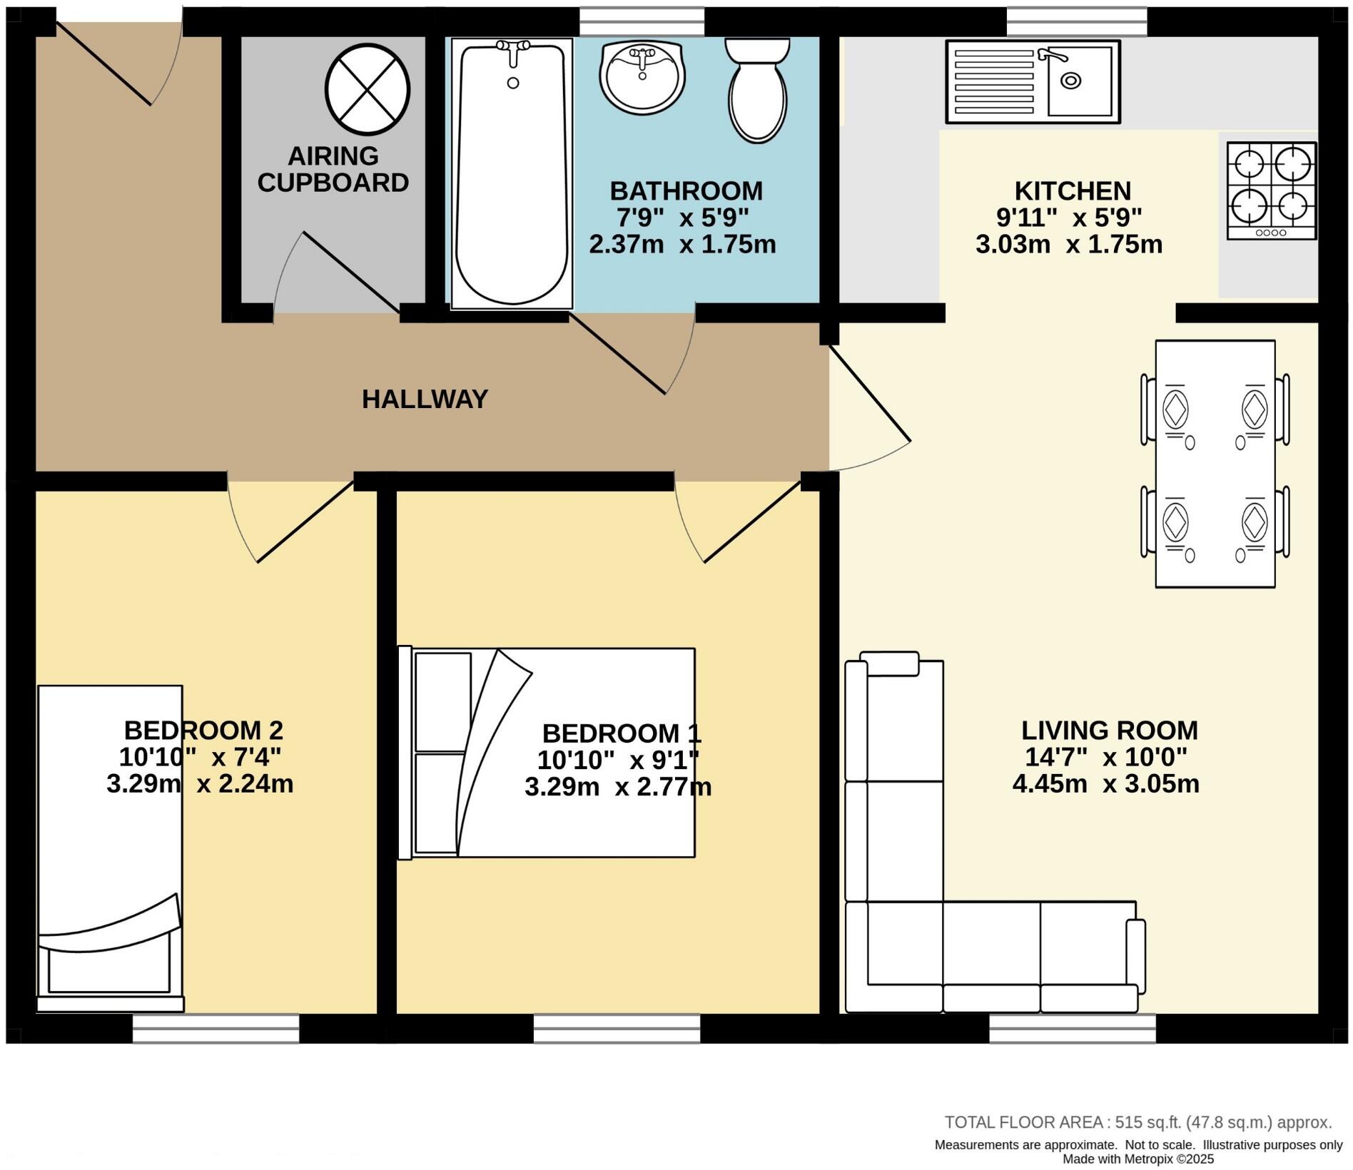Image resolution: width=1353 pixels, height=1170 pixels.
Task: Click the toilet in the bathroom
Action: click(757, 93)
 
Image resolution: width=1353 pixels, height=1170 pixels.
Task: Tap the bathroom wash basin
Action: click(642, 75)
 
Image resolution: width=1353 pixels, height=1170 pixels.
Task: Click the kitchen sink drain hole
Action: click(1070, 81)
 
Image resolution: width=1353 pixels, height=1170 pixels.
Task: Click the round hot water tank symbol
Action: click(368, 89)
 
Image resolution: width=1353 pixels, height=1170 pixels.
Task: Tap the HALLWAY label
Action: click(425, 399)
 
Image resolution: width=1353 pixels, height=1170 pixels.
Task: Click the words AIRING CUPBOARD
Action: click(333, 169)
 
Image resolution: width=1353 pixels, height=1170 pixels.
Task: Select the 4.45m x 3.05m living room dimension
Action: click(1105, 784)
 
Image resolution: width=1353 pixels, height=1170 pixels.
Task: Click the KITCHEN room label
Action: click(1073, 191)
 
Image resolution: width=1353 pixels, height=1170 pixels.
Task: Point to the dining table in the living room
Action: click(1215, 464)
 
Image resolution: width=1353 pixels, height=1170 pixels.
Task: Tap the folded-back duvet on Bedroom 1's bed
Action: click(492, 749)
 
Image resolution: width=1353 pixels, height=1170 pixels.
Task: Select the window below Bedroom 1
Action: click(617, 1028)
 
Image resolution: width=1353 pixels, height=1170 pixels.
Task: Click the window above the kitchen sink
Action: click(1076, 21)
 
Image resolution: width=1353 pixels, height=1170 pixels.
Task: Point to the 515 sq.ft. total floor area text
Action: click(1137, 1122)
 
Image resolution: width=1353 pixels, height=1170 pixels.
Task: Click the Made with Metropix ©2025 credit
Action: click(1137, 1159)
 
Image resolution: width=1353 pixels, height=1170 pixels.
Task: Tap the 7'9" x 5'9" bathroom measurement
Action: click(682, 218)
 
